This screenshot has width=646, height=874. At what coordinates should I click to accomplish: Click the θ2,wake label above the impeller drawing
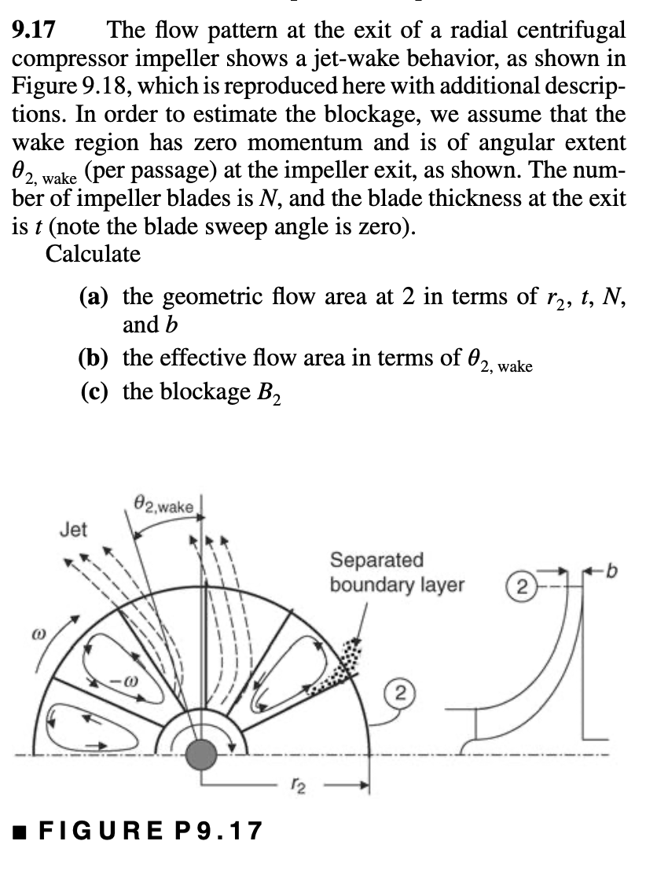[x=163, y=504]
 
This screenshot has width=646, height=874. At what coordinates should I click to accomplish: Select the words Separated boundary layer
[x=397, y=573]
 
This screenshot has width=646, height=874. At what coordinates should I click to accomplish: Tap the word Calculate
[x=94, y=254]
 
